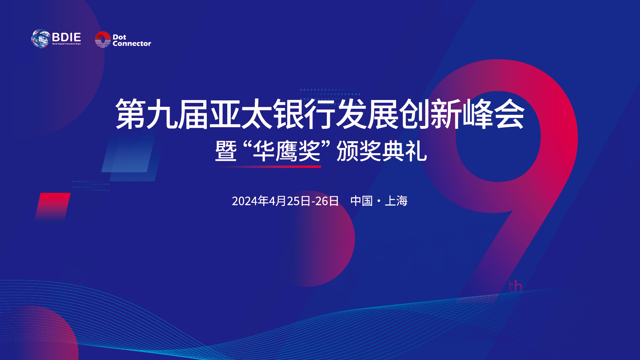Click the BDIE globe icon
click(x=40, y=38)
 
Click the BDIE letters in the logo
click(x=66, y=37)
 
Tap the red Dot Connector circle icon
click(x=102, y=39)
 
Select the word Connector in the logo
click(x=132, y=44)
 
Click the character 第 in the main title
click(x=130, y=114)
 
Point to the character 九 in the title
click(x=162, y=114)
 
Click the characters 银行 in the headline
click(x=304, y=114)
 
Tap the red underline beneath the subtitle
click(x=270, y=166)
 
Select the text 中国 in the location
click(x=362, y=201)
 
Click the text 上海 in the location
click(x=396, y=201)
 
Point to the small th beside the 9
click(x=515, y=286)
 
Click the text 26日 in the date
click(x=327, y=201)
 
